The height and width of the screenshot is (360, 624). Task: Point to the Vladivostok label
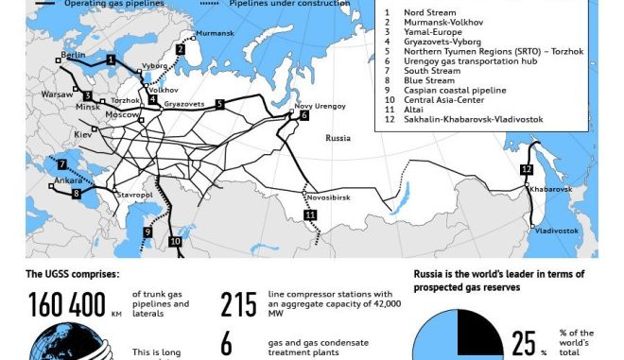click(x=556, y=231)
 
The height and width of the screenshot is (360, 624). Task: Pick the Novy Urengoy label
click(x=316, y=107)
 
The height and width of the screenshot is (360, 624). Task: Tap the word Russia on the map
click(x=338, y=138)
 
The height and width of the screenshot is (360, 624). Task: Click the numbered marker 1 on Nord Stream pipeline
click(x=112, y=60)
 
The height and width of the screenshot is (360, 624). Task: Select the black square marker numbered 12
click(x=527, y=170)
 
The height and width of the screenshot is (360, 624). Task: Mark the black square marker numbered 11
click(x=310, y=216)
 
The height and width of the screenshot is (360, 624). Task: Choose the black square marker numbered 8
click(x=77, y=194)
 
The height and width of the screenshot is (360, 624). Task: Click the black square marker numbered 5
click(x=219, y=104)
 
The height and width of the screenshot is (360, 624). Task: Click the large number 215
click(x=239, y=305)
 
